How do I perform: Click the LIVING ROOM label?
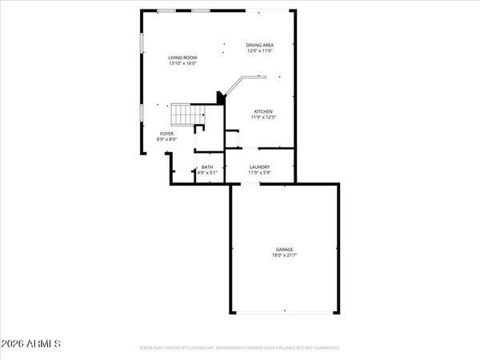(182, 58)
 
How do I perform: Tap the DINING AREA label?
(260, 45)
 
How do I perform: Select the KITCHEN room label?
(264, 111)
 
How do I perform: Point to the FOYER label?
(166, 134)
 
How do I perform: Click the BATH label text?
(207, 166)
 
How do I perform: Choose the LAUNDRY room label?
(260, 166)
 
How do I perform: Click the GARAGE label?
(286, 250)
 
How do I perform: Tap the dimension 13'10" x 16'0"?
(182, 64)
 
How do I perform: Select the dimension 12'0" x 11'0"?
(260, 51)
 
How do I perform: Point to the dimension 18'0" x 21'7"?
(286, 257)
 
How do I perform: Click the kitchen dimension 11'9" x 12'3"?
(264, 118)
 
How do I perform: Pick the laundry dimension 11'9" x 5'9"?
(260, 173)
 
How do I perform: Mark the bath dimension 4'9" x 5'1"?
(207, 173)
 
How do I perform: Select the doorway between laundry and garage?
(250, 184)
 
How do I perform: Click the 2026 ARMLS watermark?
(31, 345)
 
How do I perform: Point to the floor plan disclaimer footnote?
(240, 348)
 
